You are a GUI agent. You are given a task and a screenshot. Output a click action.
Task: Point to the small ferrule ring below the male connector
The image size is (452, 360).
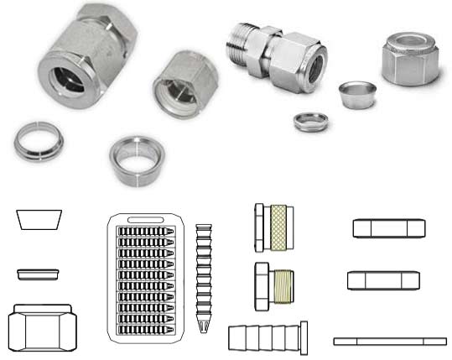click(x=310, y=121)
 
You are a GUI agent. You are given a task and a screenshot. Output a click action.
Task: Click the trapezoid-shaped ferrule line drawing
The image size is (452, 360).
click(x=39, y=219)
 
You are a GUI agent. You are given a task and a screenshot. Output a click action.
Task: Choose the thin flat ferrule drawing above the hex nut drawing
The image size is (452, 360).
click(x=39, y=274)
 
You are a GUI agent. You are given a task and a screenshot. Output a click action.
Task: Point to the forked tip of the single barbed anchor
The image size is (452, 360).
click(x=203, y=323)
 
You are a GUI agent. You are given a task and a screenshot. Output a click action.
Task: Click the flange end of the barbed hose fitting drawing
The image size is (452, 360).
click(x=304, y=338)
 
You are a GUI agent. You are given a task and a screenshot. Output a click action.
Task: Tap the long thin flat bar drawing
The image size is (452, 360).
click(x=389, y=341)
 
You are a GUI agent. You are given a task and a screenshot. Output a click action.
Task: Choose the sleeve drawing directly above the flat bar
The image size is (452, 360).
click(x=382, y=280)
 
